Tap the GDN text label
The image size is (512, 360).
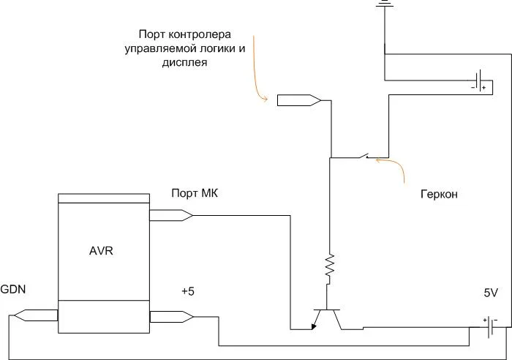click(x=13, y=290)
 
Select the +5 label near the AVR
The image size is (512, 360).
click(x=188, y=290)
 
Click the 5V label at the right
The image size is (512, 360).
click(x=490, y=293)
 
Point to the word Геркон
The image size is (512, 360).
click(x=440, y=195)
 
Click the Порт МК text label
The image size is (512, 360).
click(x=195, y=193)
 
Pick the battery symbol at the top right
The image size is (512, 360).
click(x=479, y=84)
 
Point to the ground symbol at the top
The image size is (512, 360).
click(x=383, y=4)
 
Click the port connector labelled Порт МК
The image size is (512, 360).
click(x=170, y=215)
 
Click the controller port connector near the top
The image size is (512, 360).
click(x=298, y=99)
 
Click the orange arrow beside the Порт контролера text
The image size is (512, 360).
click(x=257, y=70)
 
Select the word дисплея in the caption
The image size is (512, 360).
click(x=184, y=63)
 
